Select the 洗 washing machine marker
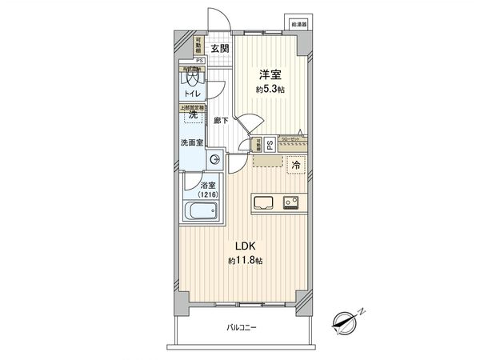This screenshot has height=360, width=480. click(192, 115)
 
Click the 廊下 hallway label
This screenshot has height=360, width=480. click(222, 120)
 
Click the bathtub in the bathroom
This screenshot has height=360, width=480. click(200, 213)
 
